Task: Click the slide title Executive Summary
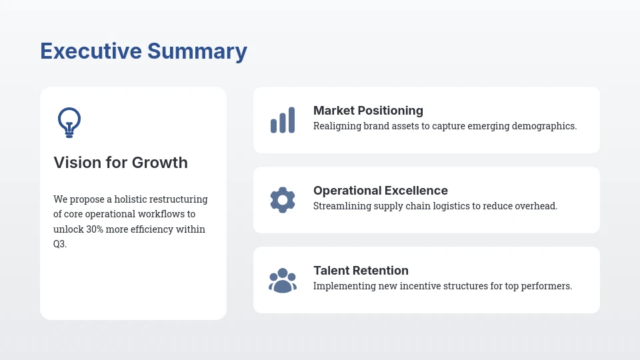click(x=143, y=51)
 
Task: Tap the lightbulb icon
click(x=69, y=122)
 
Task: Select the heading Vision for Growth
click(x=121, y=163)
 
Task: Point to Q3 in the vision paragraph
click(x=59, y=245)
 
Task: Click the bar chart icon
click(x=283, y=120)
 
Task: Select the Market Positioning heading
click(x=368, y=111)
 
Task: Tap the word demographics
click(x=543, y=126)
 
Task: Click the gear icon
click(x=283, y=200)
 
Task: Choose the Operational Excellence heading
click(x=380, y=191)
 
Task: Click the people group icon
click(x=283, y=280)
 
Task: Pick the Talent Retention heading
click(x=361, y=271)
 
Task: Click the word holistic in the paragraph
click(x=133, y=199)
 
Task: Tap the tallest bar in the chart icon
click(x=291, y=120)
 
